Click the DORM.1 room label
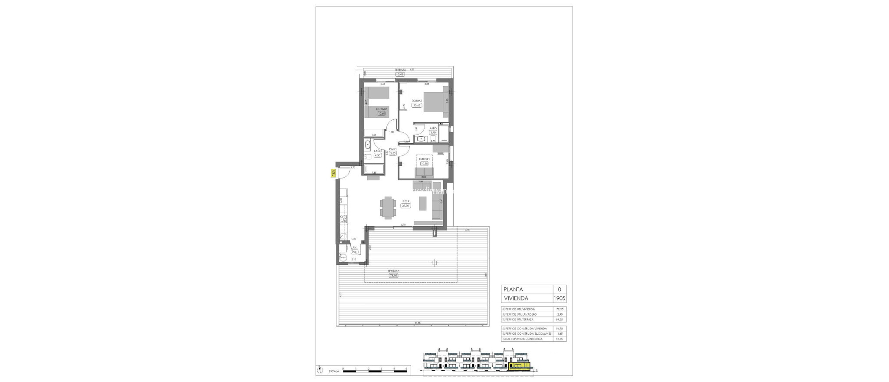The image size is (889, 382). [x=417, y=113]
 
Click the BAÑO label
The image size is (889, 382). [x=377, y=151]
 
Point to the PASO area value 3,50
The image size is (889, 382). [x=393, y=153]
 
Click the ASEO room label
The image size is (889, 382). [x=433, y=128]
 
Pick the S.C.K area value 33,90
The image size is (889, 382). [x=406, y=206]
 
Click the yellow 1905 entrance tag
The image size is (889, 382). [x=333, y=172]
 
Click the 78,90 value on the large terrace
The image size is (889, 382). [x=394, y=275]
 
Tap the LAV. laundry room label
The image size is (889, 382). [x=354, y=247]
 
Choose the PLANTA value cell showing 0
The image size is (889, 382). [x=559, y=290]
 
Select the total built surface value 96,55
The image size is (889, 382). [x=559, y=339]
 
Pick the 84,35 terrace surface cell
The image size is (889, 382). [x=559, y=319]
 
